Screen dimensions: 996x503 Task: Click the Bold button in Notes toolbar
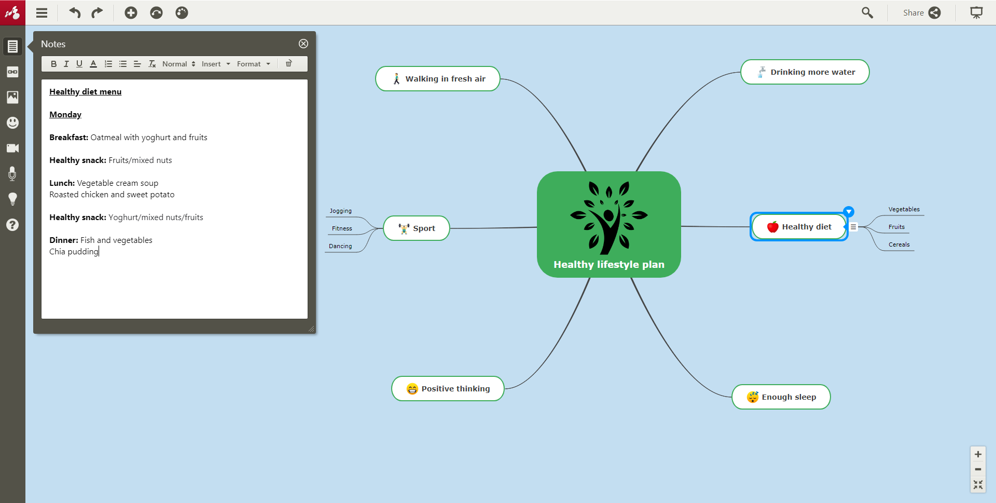pos(53,64)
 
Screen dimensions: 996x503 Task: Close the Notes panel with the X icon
pos(303,44)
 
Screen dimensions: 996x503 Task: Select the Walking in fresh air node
pos(438,79)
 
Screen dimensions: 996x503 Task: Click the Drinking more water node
pos(805,72)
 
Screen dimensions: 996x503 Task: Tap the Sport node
pos(417,228)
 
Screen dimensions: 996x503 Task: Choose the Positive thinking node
pos(448,389)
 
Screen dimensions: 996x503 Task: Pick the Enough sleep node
pos(781,397)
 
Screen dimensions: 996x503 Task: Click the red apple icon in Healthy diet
pos(773,227)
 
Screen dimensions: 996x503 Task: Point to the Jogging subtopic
pos(341,211)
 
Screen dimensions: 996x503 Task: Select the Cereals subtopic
pos(899,244)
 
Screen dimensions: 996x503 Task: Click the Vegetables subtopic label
pos(904,209)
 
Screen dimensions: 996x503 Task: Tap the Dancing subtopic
pos(340,246)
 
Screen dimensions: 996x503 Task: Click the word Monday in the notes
pos(65,115)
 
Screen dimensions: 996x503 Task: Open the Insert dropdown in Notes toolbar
pos(216,64)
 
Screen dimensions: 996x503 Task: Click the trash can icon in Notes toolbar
pos(289,63)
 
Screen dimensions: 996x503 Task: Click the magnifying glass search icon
pos(867,12)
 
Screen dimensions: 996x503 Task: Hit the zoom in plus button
pos(978,454)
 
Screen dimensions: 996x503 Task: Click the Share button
pos(922,12)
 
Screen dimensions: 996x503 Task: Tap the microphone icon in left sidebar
pos(12,174)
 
